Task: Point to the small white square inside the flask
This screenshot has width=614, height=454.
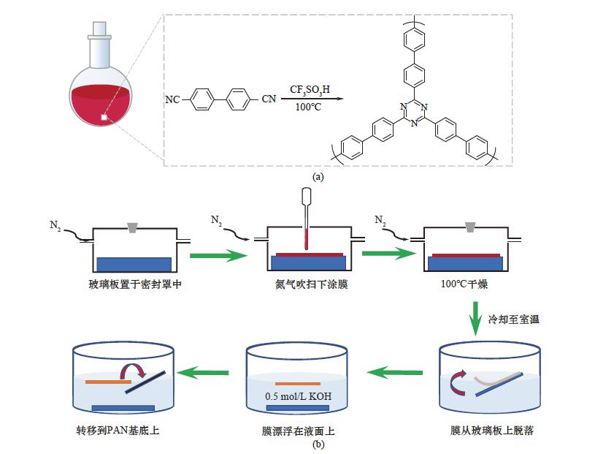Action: (x=104, y=116)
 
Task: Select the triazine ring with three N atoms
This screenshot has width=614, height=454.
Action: (x=414, y=114)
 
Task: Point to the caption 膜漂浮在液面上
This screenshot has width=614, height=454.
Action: (x=296, y=431)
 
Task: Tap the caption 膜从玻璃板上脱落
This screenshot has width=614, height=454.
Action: (x=491, y=431)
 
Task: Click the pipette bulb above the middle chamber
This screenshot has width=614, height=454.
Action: (x=307, y=197)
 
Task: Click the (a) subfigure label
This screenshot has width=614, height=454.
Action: (x=318, y=176)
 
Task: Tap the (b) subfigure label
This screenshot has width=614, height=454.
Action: (x=318, y=444)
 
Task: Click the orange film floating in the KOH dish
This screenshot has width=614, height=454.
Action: (x=297, y=383)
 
